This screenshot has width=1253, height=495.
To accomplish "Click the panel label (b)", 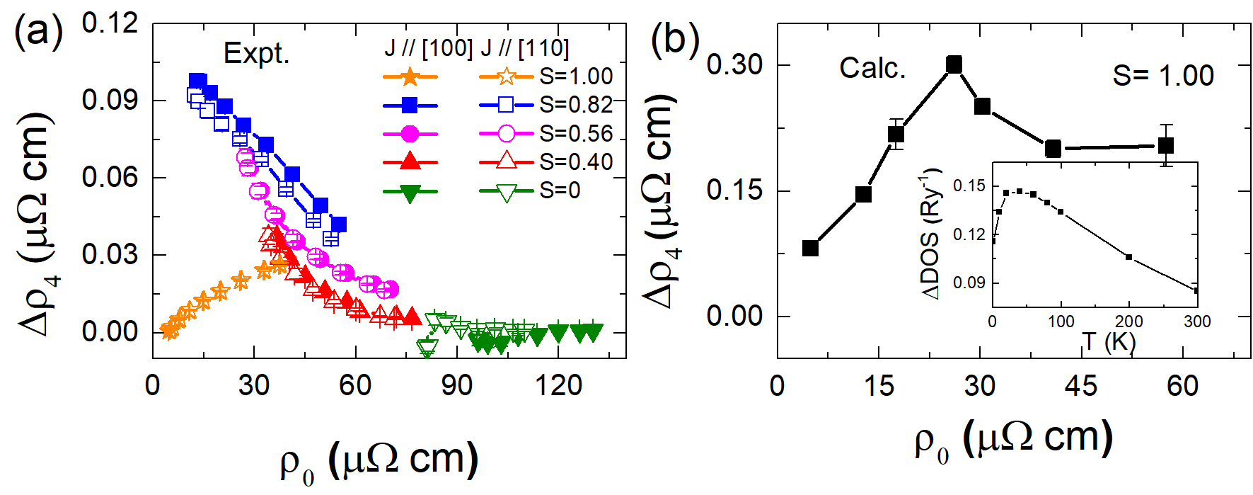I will click(674, 40).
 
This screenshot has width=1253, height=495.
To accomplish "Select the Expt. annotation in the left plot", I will click(256, 54).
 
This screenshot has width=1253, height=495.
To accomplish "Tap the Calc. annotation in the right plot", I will click(872, 68).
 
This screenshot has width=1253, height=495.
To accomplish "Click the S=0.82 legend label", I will click(576, 105).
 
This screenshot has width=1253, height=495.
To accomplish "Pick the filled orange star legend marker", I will click(410, 76).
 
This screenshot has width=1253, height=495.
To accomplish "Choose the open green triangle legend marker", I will click(506, 191).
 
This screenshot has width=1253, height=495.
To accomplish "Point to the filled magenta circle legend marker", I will click(410, 134).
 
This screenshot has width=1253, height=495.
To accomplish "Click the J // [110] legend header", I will click(524, 48).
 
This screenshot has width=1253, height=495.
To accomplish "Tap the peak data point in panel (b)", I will click(954, 65).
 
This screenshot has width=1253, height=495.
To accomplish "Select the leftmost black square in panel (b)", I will click(811, 248).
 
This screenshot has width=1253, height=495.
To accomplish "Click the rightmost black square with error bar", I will click(1166, 146).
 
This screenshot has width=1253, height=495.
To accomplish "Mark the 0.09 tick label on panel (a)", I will click(110, 100).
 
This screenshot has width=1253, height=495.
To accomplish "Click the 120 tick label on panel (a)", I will click(558, 386).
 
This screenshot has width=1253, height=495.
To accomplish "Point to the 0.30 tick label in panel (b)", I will click(734, 65).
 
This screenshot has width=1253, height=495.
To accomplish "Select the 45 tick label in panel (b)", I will click(1081, 386).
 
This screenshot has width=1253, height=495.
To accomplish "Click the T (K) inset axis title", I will click(1109, 341).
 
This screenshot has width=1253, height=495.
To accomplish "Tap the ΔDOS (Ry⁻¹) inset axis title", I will click(932, 234).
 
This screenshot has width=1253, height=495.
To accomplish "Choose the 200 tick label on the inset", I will click(1129, 322).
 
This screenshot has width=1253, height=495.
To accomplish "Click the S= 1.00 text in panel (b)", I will click(1162, 76).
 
